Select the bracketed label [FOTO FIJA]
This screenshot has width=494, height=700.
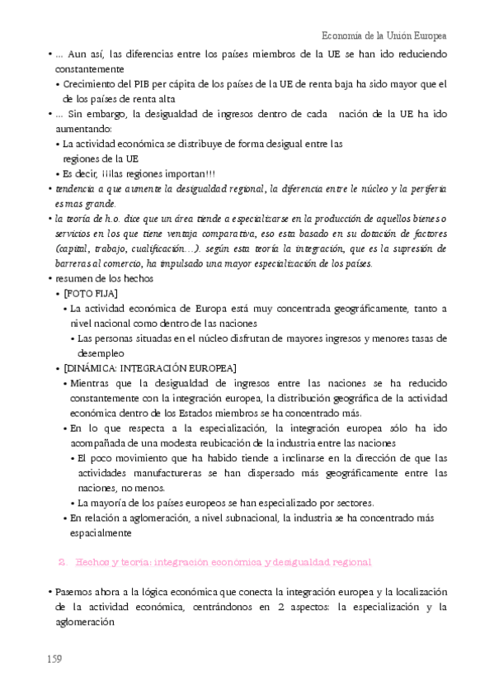point(91,294)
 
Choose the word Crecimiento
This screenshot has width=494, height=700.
point(90,83)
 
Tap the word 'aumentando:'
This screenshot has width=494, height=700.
point(82,128)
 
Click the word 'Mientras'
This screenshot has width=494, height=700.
point(92,383)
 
